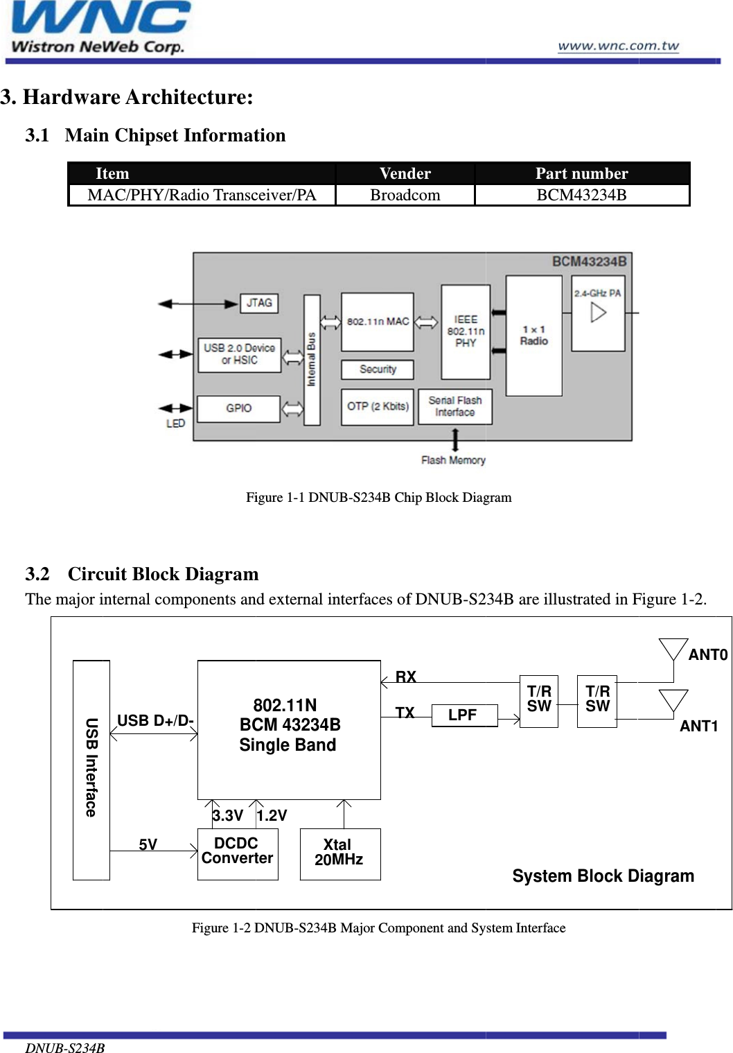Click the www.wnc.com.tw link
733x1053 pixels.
618,46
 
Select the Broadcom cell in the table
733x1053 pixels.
405,195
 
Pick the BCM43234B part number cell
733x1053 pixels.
581,195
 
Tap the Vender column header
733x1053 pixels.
405,173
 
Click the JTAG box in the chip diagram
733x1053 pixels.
259,303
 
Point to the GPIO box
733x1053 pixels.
239,408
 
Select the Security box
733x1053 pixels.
378,369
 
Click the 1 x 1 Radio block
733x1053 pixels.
533,336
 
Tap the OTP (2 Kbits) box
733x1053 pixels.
378,406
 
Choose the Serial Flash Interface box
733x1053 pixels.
455,406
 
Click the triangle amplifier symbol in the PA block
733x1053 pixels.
598,313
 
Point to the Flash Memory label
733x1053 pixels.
453,460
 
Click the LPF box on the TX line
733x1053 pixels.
463,715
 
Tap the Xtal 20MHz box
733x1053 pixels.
339,853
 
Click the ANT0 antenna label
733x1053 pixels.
707,655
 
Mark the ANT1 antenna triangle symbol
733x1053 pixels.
673,699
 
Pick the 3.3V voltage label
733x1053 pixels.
228,816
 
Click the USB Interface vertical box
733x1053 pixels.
91,769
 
